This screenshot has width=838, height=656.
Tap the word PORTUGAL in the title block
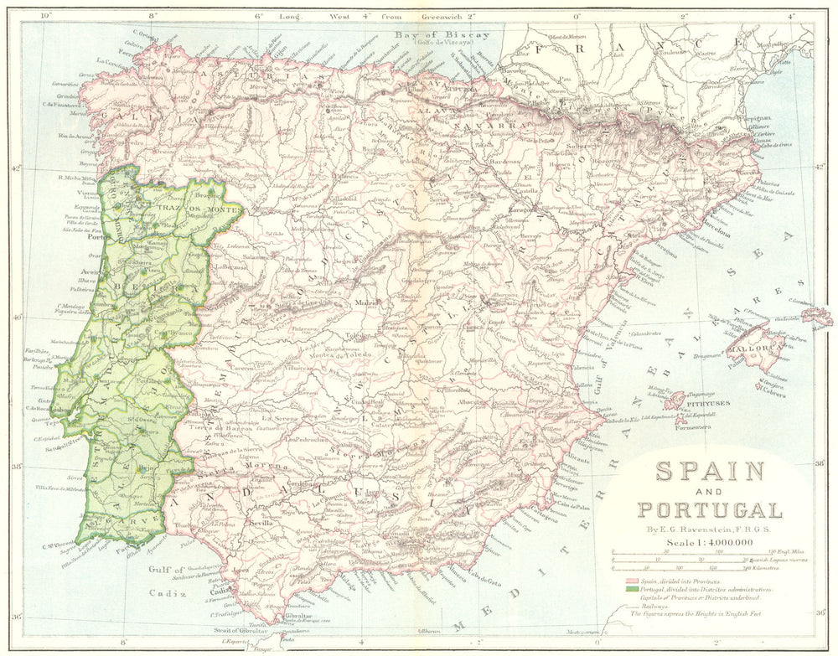pyautogui.click(x=709, y=509)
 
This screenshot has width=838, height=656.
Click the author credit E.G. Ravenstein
pyautogui.click(x=709, y=528)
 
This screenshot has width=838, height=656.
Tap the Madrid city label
pyautogui.click(x=365, y=302)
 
